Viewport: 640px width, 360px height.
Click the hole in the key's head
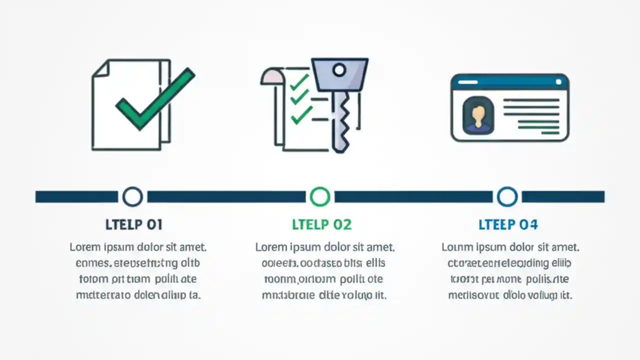339,70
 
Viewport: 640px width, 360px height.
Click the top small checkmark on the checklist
299,81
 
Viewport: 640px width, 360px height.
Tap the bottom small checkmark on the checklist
301,115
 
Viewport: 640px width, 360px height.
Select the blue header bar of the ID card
509,81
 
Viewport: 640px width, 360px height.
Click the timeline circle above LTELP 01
132,196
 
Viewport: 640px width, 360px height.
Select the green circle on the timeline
320,196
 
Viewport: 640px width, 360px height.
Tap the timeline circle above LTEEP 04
507,196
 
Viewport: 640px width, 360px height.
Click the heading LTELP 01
134,224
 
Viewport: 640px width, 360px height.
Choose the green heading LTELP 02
322,224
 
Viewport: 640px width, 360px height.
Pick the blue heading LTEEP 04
508,224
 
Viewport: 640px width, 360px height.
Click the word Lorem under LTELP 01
85,247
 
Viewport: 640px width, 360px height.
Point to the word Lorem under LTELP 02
271,247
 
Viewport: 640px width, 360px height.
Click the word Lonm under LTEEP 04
456,247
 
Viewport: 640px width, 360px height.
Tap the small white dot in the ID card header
558,81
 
